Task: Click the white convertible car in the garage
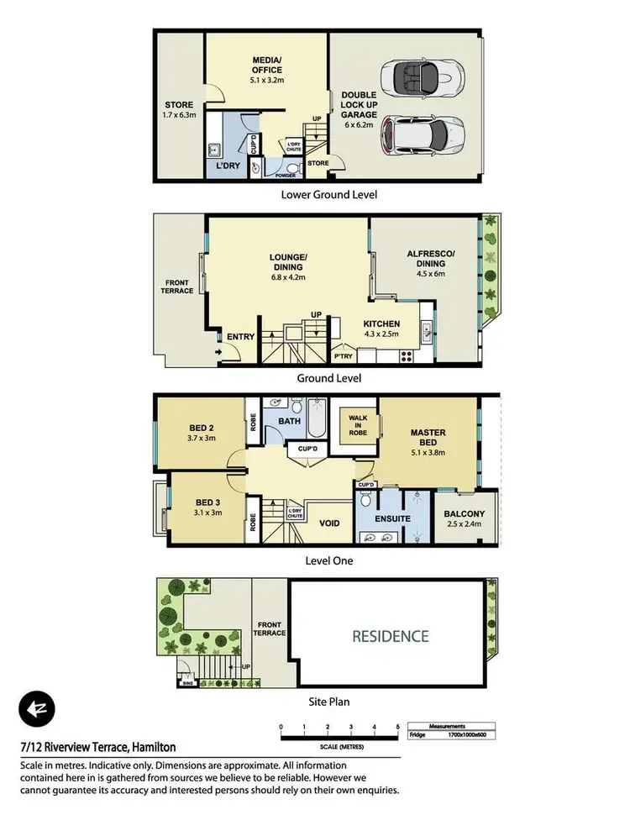tap(423, 78)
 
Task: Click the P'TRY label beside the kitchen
tap(343, 355)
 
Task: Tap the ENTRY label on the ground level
tap(240, 337)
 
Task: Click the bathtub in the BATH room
tap(316, 418)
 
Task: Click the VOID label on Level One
tap(330, 523)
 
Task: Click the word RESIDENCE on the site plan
tap(390, 636)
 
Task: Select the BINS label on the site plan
tap(186, 685)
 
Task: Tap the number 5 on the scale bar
tap(398, 727)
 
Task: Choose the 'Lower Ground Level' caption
tap(328, 194)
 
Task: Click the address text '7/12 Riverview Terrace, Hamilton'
tap(97, 747)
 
